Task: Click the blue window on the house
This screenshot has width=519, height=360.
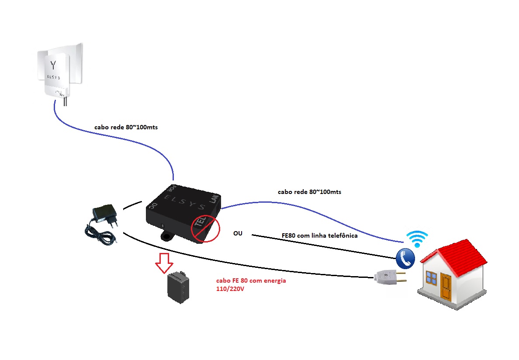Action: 432,277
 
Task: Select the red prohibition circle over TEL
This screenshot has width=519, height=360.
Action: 205,228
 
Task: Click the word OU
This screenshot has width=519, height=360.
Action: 238,234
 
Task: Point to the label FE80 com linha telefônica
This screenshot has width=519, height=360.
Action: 319,236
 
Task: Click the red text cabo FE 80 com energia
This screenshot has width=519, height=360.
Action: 251,280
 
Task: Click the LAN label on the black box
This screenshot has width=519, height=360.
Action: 214,199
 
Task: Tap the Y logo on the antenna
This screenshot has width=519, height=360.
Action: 53,65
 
